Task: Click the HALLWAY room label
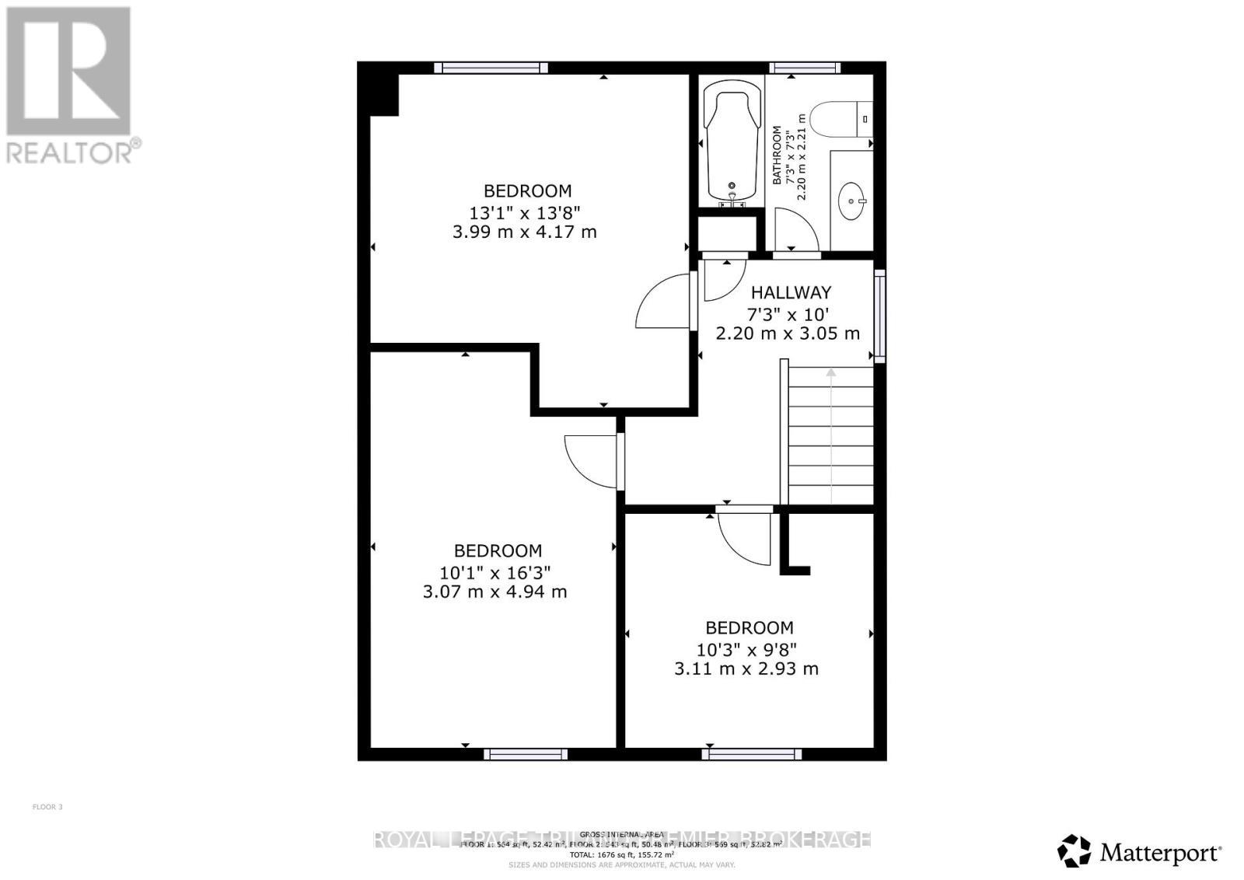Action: point(791,293)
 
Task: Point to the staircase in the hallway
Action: point(831,435)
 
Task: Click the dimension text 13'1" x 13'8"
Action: point(527,211)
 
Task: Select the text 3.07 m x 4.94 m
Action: point(494,592)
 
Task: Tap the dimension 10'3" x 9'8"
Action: point(746,648)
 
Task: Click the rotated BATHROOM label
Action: point(777,155)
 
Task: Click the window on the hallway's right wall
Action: point(879,316)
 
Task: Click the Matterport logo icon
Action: point(1075,851)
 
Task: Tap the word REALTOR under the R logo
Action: point(70,152)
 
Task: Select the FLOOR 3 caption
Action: point(47,807)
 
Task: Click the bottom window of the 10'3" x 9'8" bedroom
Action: point(752,753)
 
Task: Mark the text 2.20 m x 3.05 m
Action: point(787,333)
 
